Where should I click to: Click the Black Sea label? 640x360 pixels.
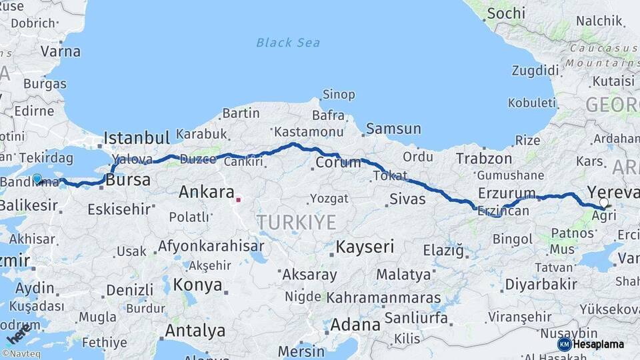point(288,43)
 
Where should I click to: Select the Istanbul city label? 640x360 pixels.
point(137,139)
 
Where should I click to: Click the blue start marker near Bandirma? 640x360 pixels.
point(37,179)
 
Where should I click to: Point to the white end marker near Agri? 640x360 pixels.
point(603,202)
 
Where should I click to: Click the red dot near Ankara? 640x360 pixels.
point(238,198)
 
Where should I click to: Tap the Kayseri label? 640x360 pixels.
point(365,247)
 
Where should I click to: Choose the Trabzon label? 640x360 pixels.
point(484,159)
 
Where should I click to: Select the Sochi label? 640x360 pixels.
point(506,13)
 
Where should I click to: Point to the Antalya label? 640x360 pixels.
point(195,331)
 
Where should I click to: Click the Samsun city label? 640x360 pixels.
point(393,129)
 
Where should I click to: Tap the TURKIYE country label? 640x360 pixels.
point(297,222)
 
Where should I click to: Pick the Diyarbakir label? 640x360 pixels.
point(541,284)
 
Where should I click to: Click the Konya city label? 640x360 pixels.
point(197,285)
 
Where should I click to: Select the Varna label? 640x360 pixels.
point(60,51)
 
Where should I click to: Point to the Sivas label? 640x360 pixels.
point(407,199)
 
